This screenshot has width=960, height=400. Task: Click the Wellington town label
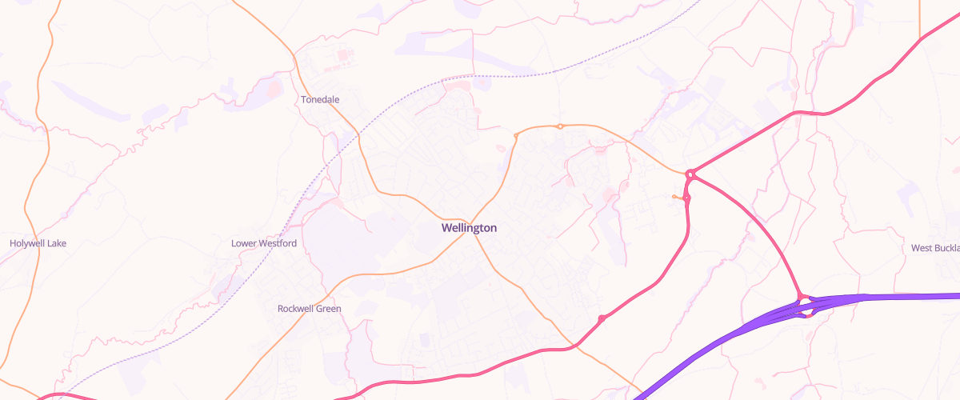(x=469, y=228)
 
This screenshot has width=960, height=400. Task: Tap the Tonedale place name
(x=320, y=100)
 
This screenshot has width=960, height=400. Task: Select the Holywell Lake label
(x=38, y=243)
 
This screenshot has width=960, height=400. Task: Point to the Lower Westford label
(x=264, y=243)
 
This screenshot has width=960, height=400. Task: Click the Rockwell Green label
(x=309, y=309)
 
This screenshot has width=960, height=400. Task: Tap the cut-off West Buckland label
(x=935, y=249)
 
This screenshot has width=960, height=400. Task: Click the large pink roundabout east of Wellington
(x=690, y=173)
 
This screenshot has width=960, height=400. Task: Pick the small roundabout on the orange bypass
(x=561, y=126)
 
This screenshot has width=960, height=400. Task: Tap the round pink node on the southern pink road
(x=602, y=319)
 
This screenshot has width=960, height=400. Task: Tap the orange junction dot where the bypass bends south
(x=516, y=136)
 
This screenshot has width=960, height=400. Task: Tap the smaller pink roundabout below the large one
(x=686, y=198)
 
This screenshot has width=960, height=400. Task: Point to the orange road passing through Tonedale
(x=336, y=112)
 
